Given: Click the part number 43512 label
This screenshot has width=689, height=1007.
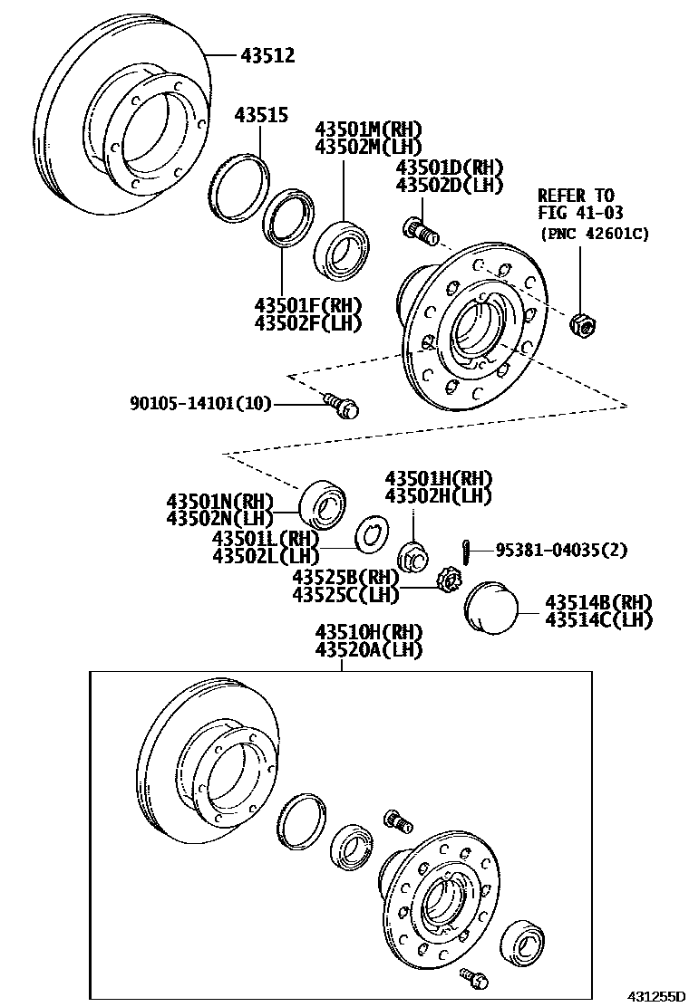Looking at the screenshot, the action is point(267,56).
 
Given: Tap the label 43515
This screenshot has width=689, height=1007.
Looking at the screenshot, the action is point(261,115).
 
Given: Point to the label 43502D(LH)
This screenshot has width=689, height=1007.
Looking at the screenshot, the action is point(449,185).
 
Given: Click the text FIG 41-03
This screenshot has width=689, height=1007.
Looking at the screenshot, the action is point(577,213).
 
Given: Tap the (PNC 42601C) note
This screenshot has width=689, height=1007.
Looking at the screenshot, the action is point(595,234).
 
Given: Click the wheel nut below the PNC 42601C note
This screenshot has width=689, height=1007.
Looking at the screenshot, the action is point(580,324).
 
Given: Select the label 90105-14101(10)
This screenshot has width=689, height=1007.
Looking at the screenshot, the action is point(200,404).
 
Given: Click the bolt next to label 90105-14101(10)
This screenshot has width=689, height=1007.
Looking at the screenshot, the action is point(343,404).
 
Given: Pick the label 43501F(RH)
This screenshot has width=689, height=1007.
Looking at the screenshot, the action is point(308,306).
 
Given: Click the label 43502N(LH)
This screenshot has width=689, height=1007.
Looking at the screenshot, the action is point(219,517).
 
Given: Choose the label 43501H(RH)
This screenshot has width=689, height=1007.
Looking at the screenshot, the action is point(438,478).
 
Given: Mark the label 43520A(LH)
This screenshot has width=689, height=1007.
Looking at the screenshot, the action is point(369,648).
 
